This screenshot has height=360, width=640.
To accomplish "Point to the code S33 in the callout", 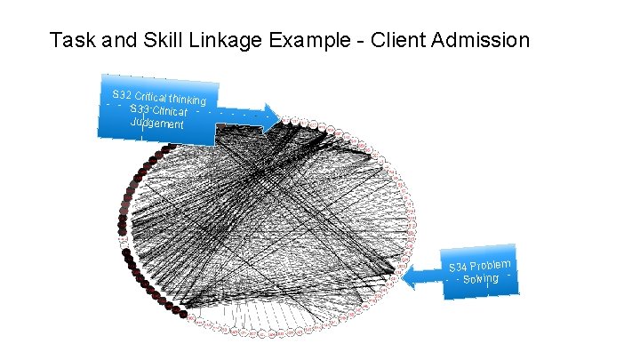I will [x=139, y=108].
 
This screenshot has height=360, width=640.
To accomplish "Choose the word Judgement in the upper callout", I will [x=156, y=124].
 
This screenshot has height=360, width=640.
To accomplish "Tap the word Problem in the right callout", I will [x=491, y=263].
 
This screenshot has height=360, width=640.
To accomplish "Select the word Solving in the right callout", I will [x=481, y=280].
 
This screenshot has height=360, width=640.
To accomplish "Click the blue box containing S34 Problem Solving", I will [x=481, y=272].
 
